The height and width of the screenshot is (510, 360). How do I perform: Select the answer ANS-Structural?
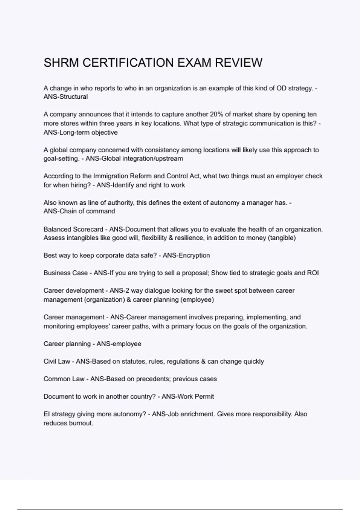tap(66, 97)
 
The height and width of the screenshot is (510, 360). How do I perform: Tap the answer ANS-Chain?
tap(60, 211)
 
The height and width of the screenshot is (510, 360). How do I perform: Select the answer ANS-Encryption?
tap(186, 256)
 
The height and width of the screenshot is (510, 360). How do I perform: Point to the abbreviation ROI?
tap(313, 273)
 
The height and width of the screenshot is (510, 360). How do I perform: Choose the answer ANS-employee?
tap(119, 344)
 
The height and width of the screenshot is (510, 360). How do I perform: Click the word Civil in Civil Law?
tap(50, 361)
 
